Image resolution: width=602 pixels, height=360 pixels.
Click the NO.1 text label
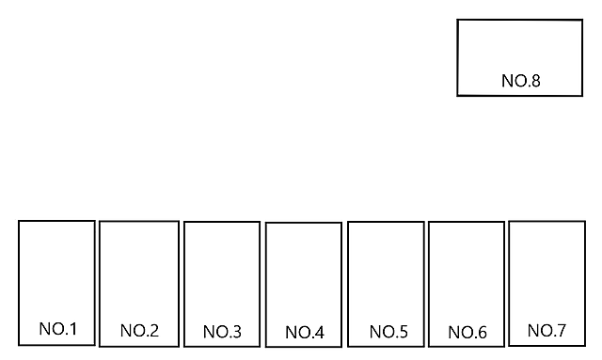point(58,329)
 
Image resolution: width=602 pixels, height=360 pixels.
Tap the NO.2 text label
point(139,331)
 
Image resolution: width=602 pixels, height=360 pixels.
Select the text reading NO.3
point(222,332)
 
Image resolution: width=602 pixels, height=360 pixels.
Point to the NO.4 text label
point(305,332)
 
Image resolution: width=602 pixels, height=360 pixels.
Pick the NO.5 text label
point(388,332)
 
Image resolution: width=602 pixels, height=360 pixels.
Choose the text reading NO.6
point(467,332)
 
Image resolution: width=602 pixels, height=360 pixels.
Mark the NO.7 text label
point(547,330)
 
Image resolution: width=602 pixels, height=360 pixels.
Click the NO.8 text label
point(521,81)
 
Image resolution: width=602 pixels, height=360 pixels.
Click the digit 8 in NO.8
point(536,81)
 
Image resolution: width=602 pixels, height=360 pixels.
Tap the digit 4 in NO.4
point(320,332)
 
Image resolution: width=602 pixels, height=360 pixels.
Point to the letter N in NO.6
point(453,332)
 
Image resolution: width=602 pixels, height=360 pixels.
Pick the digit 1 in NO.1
point(72,329)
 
